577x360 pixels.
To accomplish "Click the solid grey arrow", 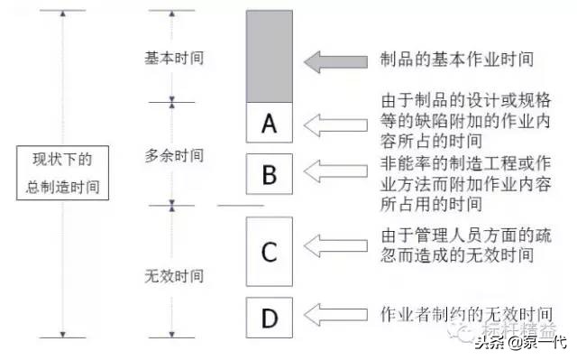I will [x=336, y=61].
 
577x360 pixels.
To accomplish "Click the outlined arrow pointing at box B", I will [x=336, y=171].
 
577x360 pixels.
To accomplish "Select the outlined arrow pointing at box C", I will [x=336, y=244].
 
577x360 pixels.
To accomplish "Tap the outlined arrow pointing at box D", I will [x=336, y=314].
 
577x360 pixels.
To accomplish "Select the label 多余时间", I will [x=174, y=155].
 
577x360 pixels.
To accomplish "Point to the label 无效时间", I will [x=174, y=274].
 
